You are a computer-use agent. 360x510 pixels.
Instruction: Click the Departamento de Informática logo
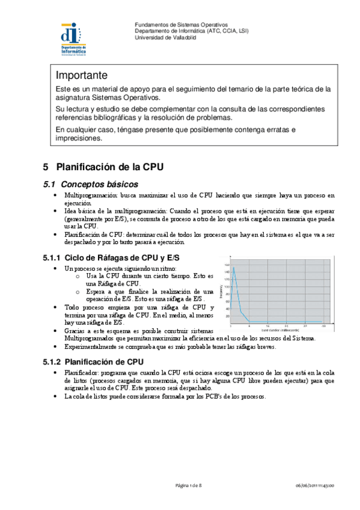coord(73,40)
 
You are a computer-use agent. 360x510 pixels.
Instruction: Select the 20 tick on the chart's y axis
coord(227,315)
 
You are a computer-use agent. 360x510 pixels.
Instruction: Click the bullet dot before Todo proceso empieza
coord(55,307)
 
